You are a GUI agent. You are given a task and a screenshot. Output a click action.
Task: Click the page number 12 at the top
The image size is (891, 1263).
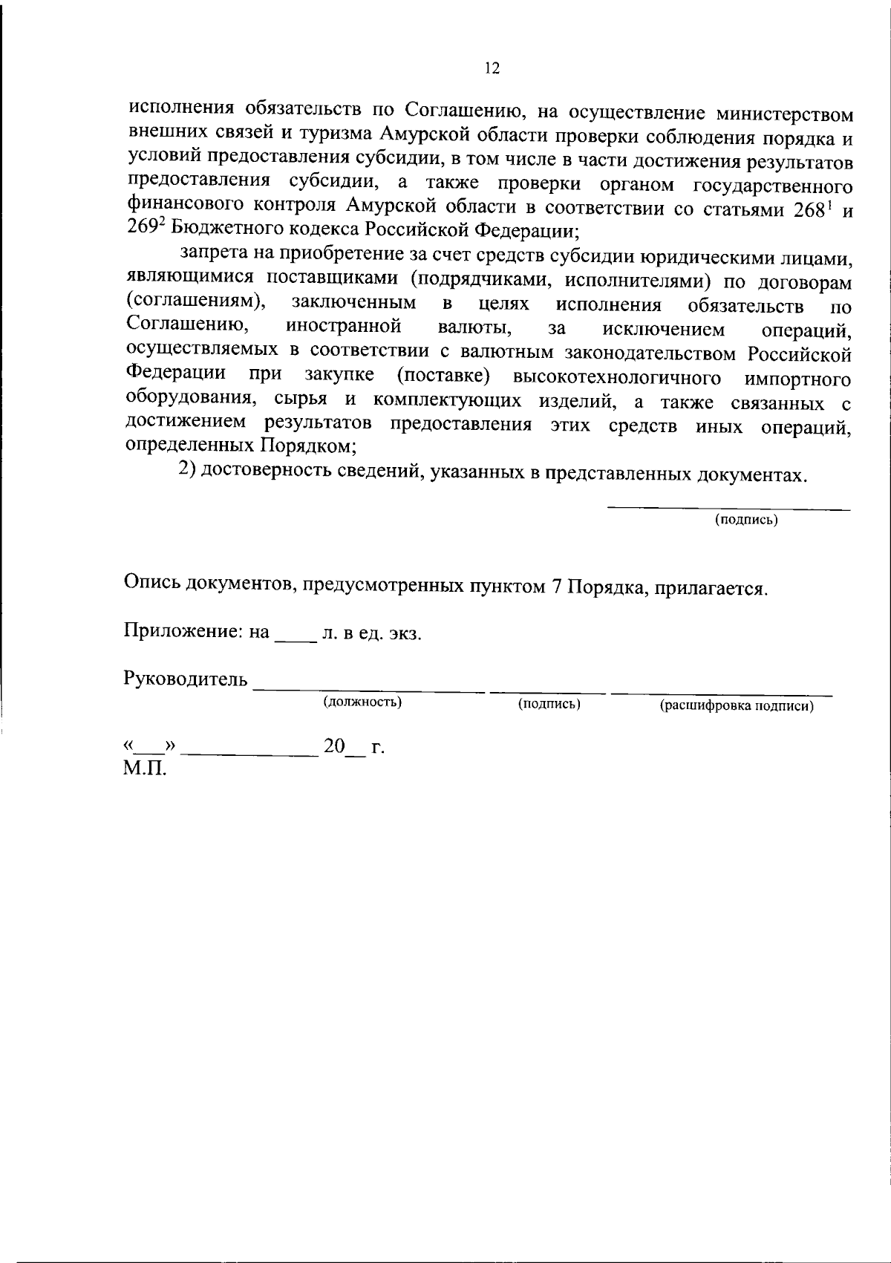coord(492,69)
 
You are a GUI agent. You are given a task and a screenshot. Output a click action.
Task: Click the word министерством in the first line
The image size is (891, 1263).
coord(783,115)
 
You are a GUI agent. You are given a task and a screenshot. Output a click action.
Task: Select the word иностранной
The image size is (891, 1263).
coord(344,326)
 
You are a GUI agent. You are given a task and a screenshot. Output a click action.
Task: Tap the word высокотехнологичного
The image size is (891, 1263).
coord(617,378)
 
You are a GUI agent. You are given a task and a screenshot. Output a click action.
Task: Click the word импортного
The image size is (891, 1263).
coord(797,379)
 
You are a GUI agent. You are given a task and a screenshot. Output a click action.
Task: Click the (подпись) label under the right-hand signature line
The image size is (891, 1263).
coord(746,520)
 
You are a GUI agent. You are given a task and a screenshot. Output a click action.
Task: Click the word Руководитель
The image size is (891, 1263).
coord(185,679)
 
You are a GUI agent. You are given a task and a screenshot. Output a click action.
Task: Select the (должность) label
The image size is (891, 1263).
coord(362,702)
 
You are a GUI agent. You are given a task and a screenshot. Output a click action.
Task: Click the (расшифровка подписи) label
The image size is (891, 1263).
coord(737,706)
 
